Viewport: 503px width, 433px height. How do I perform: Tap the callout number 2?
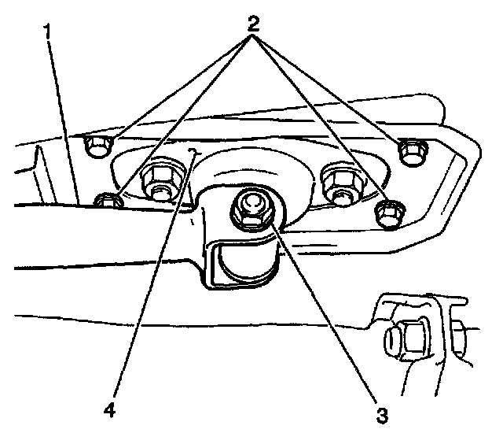[252, 23]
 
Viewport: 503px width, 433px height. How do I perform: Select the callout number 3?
[382, 412]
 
